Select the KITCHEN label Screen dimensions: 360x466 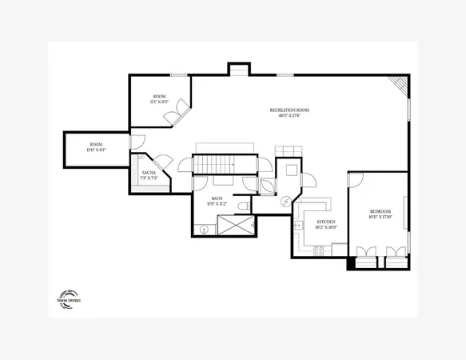click(326, 221)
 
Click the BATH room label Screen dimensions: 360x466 click(217, 198)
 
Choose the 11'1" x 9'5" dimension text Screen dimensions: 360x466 click(159, 102)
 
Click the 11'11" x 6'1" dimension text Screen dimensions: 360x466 click(96, 150)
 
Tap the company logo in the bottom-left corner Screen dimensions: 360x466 click(70, 297)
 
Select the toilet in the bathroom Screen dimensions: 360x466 click(243, 208)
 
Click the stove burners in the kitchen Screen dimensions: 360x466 click(318, 250)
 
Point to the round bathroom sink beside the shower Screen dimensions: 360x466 click(205, 229)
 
